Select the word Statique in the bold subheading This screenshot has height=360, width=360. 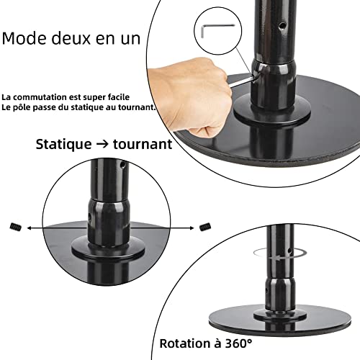tap(63, 144)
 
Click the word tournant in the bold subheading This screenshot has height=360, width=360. tap(141, 144)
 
